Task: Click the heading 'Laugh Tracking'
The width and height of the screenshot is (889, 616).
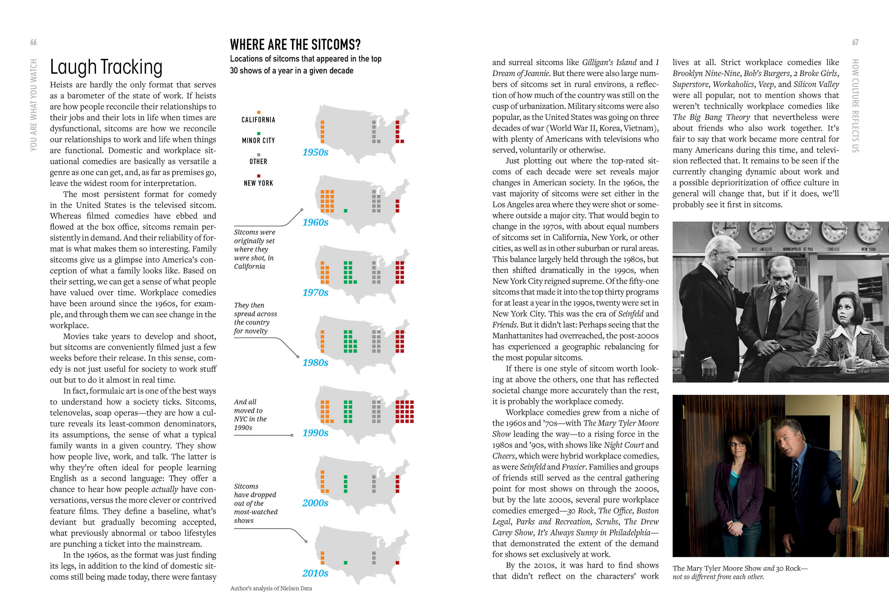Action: click(106, 67)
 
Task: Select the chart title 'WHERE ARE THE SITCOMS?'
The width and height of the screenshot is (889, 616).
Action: click(295, 45)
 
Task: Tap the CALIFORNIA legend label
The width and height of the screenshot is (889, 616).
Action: click(258, 120)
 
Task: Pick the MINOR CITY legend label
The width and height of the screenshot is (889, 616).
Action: click(258, 141)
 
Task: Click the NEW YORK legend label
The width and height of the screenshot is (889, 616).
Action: click(258, 183)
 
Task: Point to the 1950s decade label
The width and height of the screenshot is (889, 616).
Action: click(315, 152)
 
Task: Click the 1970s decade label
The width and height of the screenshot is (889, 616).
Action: click(315, 293)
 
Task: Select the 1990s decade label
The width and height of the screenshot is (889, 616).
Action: click(315, 433)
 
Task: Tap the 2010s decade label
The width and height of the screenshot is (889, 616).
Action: click(315, 573)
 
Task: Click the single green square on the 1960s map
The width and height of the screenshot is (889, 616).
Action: click(345, 211)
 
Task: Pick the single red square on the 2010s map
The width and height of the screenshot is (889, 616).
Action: click(397, 563)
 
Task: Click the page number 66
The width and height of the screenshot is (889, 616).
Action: click(34, 42)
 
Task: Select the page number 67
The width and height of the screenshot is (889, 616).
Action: click(855, 42)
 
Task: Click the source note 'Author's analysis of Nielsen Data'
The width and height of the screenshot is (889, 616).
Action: click(271, 588)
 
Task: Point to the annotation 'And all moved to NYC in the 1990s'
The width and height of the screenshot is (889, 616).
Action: click(250, 414)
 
